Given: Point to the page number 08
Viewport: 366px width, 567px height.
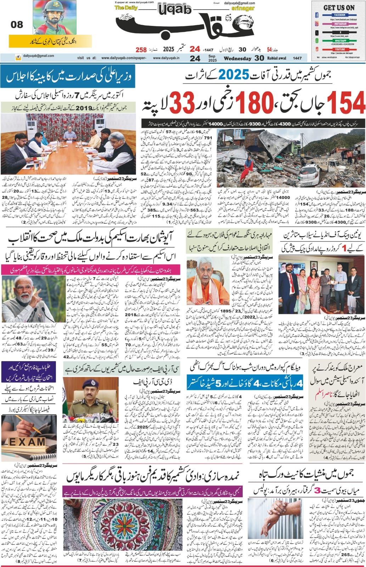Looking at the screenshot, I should click(x=17, y=24).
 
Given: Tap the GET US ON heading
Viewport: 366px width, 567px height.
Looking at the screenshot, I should click(x=339, y=7).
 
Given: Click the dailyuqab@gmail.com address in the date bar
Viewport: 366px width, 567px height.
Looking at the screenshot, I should click(x=37, y=56).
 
